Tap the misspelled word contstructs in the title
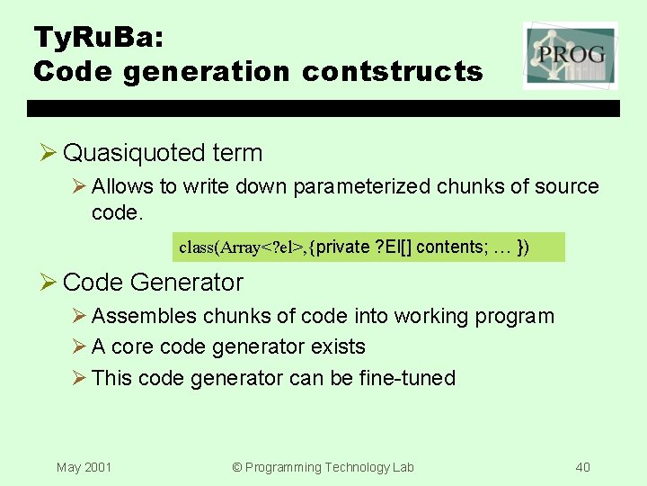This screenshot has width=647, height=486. click(x=392, y=71)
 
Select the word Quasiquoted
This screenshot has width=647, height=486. click(x=136, y=153)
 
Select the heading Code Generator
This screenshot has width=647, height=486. click(x=153, y=283)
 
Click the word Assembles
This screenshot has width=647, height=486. click(x=144, y=317)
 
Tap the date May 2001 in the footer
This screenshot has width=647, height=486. click(x=84, y=467)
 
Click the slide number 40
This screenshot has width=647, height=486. click(x=583, y=467)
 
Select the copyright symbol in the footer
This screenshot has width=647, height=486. click(x=237, y=467)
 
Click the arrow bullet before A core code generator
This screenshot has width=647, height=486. click(x=78, y=347)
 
